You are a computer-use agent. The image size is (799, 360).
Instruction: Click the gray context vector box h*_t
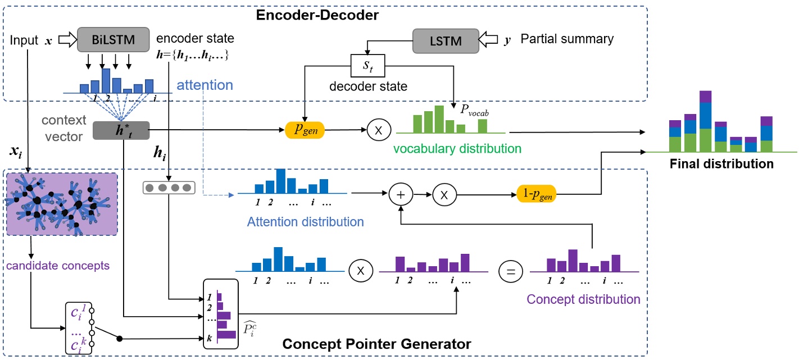[x=122, y=131]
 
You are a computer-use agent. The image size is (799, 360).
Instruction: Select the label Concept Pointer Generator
[x=376, y=343]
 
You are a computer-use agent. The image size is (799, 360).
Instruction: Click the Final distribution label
[x=721, y=164]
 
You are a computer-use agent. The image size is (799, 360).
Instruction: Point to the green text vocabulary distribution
[x=457, y=149]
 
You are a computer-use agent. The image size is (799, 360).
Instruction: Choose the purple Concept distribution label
[x=583, y=299]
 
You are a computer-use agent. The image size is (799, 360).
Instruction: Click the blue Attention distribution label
[x=305, y=221]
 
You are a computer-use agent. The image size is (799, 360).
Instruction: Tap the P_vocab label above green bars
[x=475, y=112]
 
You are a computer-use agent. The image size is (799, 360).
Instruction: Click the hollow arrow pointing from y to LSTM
[x=491, y=39]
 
